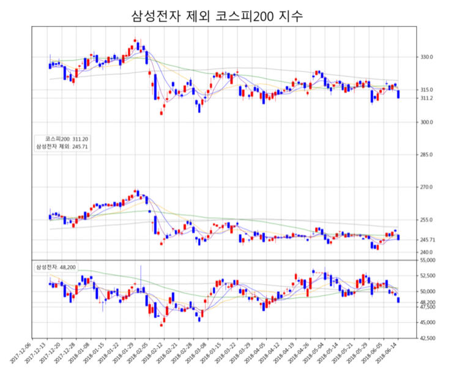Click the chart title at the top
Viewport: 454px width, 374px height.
click(217, 16)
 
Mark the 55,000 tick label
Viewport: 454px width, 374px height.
click(426, 260)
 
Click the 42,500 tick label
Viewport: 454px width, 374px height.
click(426, 338)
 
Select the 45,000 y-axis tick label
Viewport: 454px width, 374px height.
click(426, 323)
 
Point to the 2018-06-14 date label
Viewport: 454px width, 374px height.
click(390, 354)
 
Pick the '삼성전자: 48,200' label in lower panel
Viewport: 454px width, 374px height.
click(56, 267)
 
